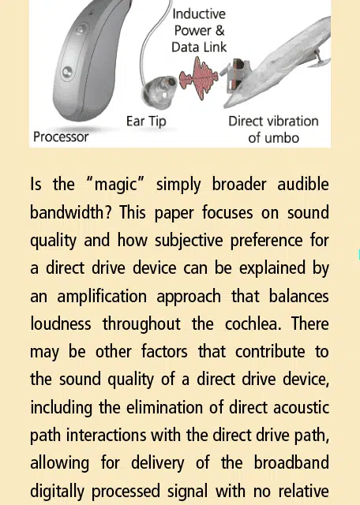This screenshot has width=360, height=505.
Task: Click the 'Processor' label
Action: coord(61,137)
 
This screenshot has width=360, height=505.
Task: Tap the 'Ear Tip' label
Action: coord(146,122)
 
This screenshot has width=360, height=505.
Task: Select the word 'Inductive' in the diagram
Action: coord(199,14)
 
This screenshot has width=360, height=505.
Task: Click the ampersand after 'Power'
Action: coord(219,31)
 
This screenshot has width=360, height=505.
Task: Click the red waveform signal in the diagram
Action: coord(198,77)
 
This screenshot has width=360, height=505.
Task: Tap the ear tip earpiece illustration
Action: coord(159,92)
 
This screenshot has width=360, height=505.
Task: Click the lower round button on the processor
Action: coord(67,73)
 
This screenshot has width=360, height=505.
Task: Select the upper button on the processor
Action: coord(81,30)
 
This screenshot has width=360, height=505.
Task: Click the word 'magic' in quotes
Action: coord(115,185)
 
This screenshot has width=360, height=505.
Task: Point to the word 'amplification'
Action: coord(102,297)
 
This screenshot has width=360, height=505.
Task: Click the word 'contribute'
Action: coord(270,352)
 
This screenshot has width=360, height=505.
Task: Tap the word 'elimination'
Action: coord(165,408)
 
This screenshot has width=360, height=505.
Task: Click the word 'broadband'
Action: coord(291,463)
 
